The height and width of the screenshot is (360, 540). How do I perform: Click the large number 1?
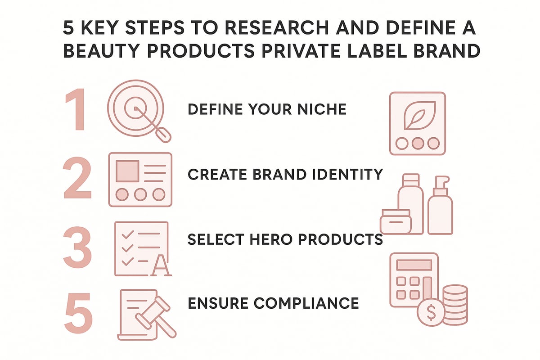pos(76,110)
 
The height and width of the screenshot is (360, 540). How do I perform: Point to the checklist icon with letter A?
pos(142,248)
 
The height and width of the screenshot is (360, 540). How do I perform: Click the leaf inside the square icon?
pos(417,115)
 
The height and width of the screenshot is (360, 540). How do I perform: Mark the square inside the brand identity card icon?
pos(127,171)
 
